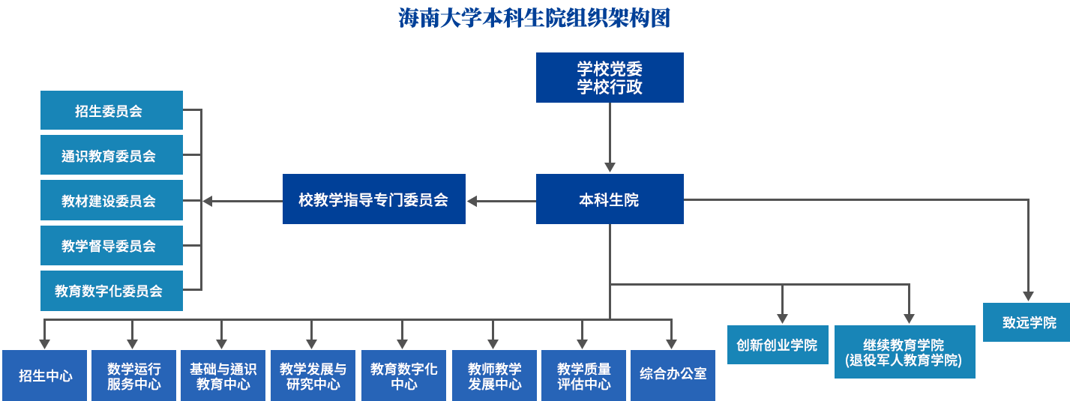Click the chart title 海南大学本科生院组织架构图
[534, 18]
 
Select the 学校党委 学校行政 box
[610, 77]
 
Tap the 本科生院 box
[610, 199]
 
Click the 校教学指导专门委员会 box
[373, 199]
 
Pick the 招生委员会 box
[111, 110]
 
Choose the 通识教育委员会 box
[111, 155]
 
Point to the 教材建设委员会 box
[111, 200]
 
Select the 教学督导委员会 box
[111, 245]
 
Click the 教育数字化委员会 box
[111, 291]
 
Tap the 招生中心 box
[45, 376]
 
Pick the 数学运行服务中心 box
[133, 376]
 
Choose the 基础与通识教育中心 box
[223, 376]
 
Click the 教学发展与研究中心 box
[313, 376]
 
